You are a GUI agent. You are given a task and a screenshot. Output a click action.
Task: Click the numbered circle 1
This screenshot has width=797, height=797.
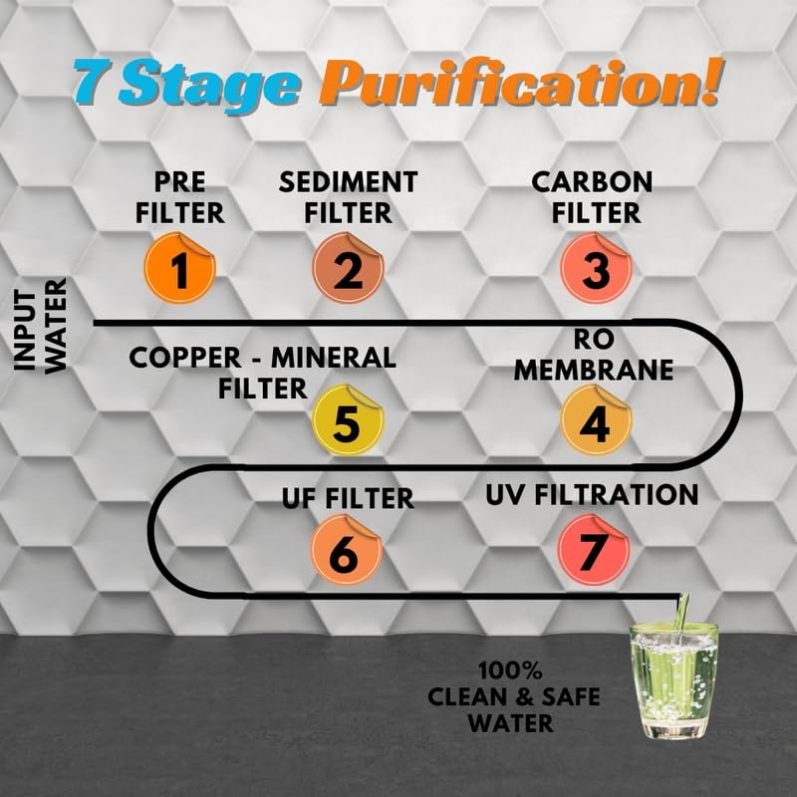(x=180, y=268)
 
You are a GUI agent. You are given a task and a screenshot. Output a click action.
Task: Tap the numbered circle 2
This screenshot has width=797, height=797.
(x=348, y=268)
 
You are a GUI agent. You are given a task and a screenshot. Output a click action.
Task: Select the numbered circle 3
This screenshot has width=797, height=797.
(x=596, y=268)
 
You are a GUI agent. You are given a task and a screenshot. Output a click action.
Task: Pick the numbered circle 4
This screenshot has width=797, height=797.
(x=596, y=419)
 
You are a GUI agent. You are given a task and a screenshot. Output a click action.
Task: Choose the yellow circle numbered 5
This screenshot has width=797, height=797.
(x=348, y=419)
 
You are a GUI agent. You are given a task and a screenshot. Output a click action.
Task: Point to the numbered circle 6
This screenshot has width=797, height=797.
(x=347, y=550)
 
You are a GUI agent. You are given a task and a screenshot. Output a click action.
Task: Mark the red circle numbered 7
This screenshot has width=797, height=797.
(x=594, y=550)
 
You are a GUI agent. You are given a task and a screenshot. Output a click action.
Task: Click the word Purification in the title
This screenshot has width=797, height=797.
(x=519, y=82)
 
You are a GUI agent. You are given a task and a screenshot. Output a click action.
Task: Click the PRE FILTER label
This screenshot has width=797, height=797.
(x=180, y=197)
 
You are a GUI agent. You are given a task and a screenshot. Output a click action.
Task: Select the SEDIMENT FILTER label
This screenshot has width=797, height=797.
(x=348, y=197)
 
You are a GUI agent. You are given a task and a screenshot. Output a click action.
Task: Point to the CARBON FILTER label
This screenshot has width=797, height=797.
(x=593, y=197)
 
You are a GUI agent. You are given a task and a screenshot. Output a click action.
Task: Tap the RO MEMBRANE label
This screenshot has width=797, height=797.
(x=594, y=355)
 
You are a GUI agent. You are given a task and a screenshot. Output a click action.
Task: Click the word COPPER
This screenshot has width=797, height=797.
(x=185, y=358)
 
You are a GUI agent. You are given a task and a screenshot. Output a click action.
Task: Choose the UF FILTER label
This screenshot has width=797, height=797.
(x=348, y=498)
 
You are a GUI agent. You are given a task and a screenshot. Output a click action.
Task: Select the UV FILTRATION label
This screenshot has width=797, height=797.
(x=592, y=495)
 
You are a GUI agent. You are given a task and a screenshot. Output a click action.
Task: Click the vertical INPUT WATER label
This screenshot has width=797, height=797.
(x=41, y=326)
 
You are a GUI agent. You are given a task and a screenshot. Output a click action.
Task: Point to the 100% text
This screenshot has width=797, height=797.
(x=511, y=671)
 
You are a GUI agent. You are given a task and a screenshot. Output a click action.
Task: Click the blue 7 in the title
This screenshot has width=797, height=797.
(x=93, y=82)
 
